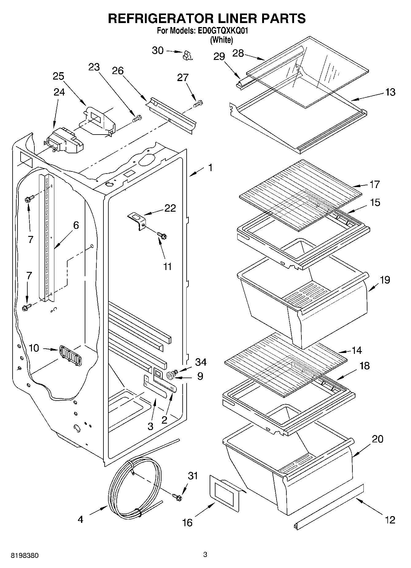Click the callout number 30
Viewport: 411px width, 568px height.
(158, 50)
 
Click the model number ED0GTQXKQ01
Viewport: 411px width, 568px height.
(222, 31)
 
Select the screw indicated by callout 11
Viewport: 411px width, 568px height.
(162, 236)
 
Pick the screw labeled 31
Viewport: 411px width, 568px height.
(177, 496)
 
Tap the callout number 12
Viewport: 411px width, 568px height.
(390, 520)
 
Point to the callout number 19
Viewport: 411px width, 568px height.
(385, 280)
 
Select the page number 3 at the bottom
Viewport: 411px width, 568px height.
(205, 554)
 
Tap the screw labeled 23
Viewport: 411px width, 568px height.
(137, 118)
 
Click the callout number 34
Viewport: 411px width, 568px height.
(201, 362)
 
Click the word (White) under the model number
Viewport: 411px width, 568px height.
(221, 40)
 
